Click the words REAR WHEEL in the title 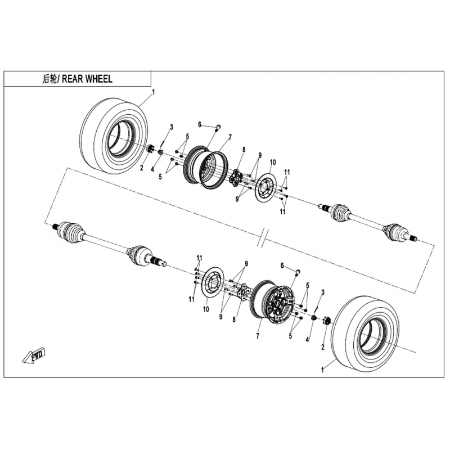coord(87,79)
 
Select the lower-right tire coord(365,334)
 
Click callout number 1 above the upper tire coord(153,92)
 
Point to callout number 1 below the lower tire coord(322,370)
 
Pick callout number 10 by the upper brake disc coord(273,163)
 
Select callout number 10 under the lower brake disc coord(206,309)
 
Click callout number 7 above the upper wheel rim coord(230,137)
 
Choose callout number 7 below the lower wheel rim coord(258,336)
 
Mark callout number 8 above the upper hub coord(244,150)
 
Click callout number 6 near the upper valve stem coord(200,124)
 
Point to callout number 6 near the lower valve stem coord(282,265)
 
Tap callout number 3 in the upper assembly coord(172,127)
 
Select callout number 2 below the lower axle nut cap coord(323,347)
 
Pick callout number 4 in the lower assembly coord(307,340)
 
